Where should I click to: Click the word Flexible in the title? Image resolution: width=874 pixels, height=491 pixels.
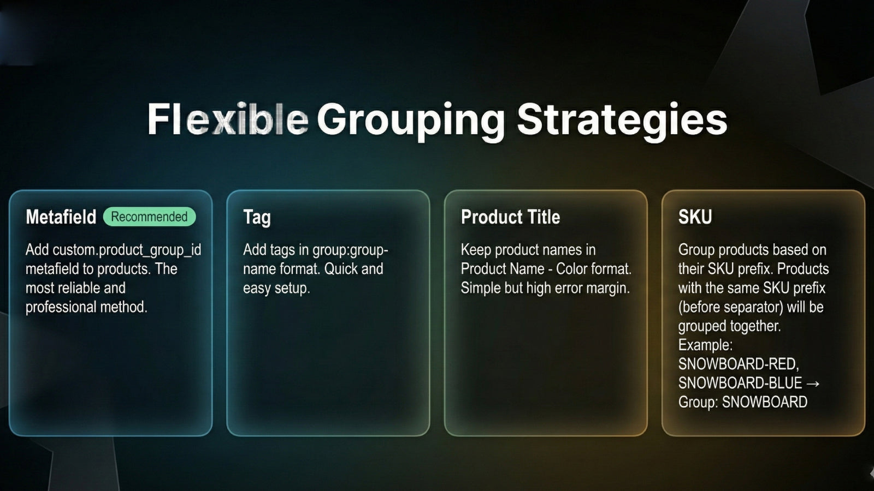click(x=227, y=119)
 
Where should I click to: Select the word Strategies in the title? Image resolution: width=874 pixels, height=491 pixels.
click(x=622, y=119)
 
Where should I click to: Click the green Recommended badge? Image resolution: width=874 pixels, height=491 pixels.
click(x=149, y=217)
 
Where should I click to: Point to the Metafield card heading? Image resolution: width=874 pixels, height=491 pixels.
click(x=61, y=217)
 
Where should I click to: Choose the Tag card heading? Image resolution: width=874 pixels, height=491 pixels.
click(x=257, y=217)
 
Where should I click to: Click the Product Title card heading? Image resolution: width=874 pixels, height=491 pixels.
click(x=510, y=217)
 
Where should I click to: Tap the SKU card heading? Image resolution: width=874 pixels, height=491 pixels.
click(x=695, y=217)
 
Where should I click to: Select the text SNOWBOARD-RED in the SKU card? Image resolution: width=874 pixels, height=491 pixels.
click(x=738, y=364)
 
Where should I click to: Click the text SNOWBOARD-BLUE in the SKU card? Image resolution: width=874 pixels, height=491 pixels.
click(x=740, y=383)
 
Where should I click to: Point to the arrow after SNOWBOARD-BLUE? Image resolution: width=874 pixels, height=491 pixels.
click(x=813, y=384)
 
